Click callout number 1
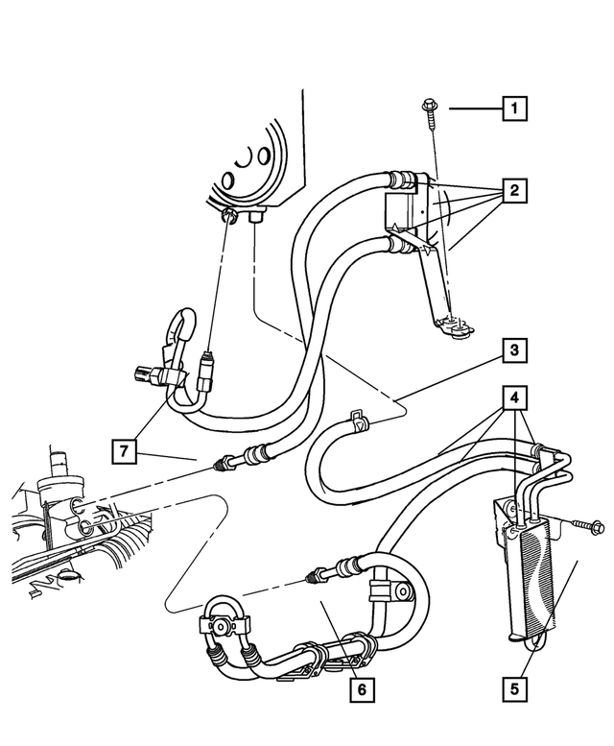coord(514,109)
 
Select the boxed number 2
coord(514,192)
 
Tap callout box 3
coord(514,351)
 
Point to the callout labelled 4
coord(514,395)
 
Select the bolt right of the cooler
coord(583,525)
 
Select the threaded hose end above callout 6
coord(315,577)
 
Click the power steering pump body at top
coord(251,163)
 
